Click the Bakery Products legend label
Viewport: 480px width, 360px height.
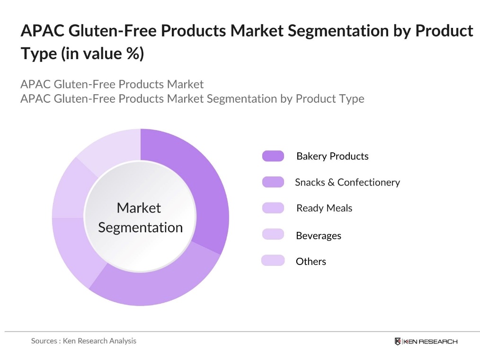pyautogui.click(x=332, y=156)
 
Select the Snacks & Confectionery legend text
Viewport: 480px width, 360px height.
pyautogui.click(x=347, y=182)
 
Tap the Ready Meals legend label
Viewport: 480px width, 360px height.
pyautogui.click(x=324, y=208)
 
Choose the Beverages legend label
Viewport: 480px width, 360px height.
pyautogui.click(x=318, y=236)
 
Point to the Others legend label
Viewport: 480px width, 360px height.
pyautogui.click(x=311, y=262)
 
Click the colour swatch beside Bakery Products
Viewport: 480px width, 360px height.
pyautogui.click(x=273, y=156)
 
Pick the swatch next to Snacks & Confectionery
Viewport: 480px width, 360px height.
pyautogui.click(x=273, y=182)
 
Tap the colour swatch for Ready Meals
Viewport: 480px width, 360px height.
pyautogui.click(x=273, y=208)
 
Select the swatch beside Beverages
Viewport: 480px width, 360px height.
pyautogui.click(x=273, y=234)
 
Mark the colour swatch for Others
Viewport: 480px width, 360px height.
pyautogui.click(x=273, y=260)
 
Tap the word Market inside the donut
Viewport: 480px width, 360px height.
pyautogui.click(x=139, y=208)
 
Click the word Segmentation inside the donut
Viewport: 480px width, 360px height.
pyautogui.click(x=140, y=228)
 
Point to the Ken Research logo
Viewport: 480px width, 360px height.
pyautogui.click(x=426, y=342)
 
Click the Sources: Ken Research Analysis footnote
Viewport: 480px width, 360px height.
pyautogui.click(x=84, y=341)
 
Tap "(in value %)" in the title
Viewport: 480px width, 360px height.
pyautogui.click(x=102, y=53)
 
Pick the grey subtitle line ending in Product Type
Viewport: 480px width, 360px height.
pyautogui.click(x=192, y=99)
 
